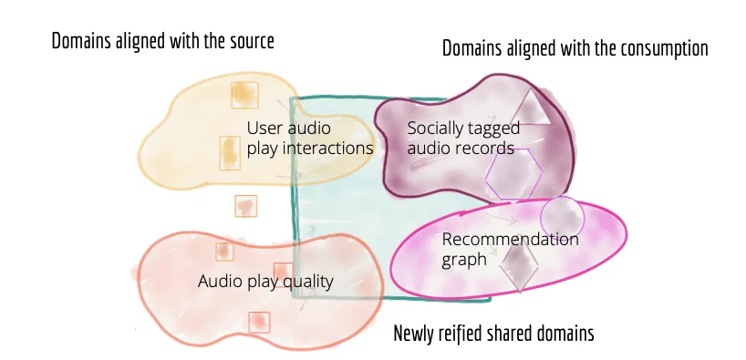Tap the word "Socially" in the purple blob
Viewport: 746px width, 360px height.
pos(437,129)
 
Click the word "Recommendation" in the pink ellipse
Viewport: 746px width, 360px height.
pos(510,240)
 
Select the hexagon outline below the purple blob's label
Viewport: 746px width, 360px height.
pos(516,173)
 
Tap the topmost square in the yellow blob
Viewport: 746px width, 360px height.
pos(243,95)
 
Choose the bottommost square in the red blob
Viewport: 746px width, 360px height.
pos(260,322)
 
